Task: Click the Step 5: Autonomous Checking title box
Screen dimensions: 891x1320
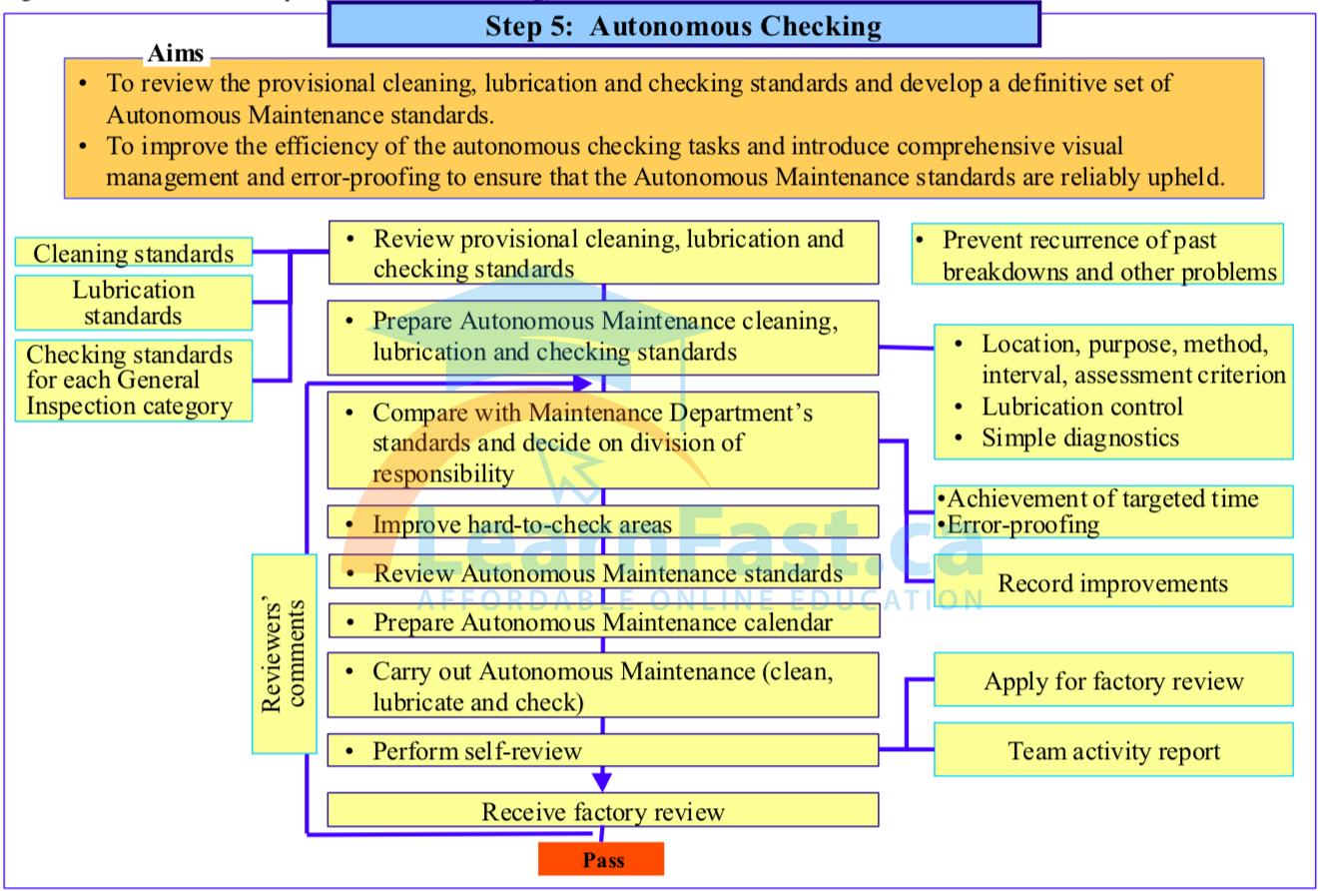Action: pyautogui.click(x=684, y=26)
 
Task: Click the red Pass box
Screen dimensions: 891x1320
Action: pyautogui.click(x=600, y=859)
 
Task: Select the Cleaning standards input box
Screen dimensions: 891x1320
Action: pyautogui.click(x=133, y=254)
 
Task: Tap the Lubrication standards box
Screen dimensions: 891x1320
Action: pyautogui.click(x=133, y=303)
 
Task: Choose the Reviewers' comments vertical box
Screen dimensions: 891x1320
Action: pyautogui.click(x=284, y=654)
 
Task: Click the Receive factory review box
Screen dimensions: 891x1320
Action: pyautogui.click(x=603, y=810)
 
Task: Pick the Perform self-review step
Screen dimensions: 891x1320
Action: pyautogui.click(x=603, y=750)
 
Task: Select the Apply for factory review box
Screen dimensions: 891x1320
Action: pyautogui.click(x=1113, y=681)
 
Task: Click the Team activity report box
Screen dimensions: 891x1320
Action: pyautogui.click(x=1113, y=750)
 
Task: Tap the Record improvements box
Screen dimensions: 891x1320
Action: pyautogui.click(x=1113, y=582)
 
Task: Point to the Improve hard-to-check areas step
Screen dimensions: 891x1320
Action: pyautogui.click(x=603, y=523)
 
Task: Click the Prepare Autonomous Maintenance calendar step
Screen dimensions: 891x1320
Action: pyautogui.click(x=603, y=621)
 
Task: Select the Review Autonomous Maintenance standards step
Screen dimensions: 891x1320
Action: pyautogui.click(x=603, y=573)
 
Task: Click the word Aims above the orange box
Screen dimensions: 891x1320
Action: pyautogui.click(x=176, y=53)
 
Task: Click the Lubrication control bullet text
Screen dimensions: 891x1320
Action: pyautogui.click(x=1082, y=407)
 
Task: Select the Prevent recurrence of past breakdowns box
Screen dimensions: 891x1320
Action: pyautogui.click(x=1097, y=255)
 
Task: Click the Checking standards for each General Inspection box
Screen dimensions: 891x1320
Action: pyautogui.click(x=133, y=381)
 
